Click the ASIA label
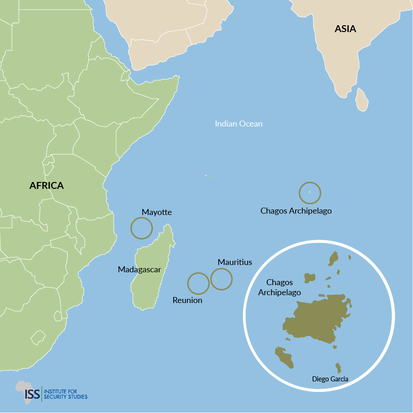point(345,29)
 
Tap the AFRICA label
point(46,186)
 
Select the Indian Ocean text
point(238,124)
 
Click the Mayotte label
point(156,212)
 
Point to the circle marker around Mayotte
point(141,228)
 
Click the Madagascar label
point(139,270)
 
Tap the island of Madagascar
point(151,275)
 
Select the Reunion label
point(187,300)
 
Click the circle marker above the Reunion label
point(198,283)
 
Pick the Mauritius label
point(235,262)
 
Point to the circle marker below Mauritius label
point(221,279)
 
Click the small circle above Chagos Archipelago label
point(310,193)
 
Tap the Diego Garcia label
point(330,379)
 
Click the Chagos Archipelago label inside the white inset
point(279,287)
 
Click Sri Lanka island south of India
point(362,100)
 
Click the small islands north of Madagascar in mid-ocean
point(208,176)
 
